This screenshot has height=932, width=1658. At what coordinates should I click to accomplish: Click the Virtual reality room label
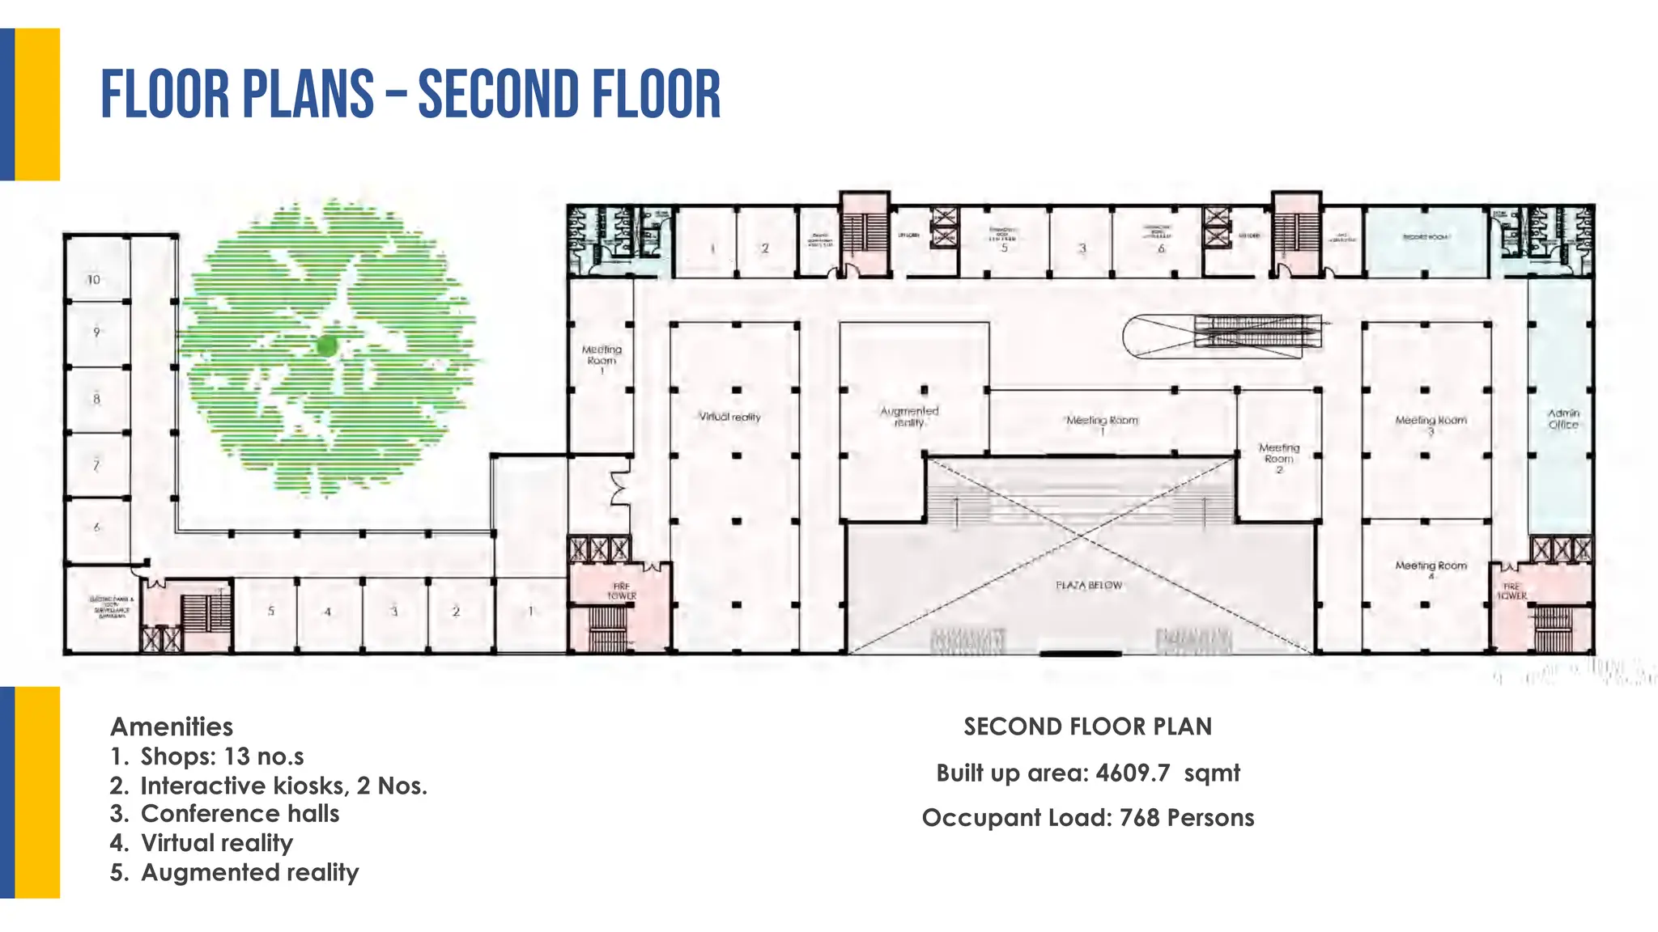click(x=730, y=417)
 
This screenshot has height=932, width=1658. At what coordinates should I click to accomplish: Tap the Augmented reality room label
click(x=909, y=416)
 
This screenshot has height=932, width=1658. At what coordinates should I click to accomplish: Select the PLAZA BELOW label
click(x=1089, y=585)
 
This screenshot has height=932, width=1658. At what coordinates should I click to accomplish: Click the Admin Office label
click(x=1563, y=418)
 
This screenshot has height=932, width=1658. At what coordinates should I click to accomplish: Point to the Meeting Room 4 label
click(x=1431, y=570)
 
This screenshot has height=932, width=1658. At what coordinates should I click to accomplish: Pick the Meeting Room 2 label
click(x=1279, y=458)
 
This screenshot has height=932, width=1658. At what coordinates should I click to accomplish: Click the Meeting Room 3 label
click(x=1431, y=424)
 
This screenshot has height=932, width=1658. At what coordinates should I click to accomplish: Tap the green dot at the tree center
click(x=327, y=346)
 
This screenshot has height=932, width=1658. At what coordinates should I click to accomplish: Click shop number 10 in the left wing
click(x=94, y=280)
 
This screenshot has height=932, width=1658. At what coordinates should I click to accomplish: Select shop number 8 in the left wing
click(x=96, y=399)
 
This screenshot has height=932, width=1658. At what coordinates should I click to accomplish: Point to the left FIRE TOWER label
click(x=622, y=591)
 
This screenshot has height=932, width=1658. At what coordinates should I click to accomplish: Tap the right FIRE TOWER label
click(x=1511, y=591)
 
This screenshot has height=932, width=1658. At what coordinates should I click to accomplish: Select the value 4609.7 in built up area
click(x=1133, y=773)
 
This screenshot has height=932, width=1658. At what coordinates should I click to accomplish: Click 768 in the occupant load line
click(x=1140, y=818)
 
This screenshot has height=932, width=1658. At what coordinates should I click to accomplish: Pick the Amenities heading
click(x=172, y=727)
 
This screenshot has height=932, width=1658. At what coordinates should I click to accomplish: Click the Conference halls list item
click(x=240, y=814)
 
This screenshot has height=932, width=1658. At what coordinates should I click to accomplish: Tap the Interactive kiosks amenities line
click(x=283, y=786)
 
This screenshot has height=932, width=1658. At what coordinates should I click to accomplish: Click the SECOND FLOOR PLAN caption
click(x=1087, y=727)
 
